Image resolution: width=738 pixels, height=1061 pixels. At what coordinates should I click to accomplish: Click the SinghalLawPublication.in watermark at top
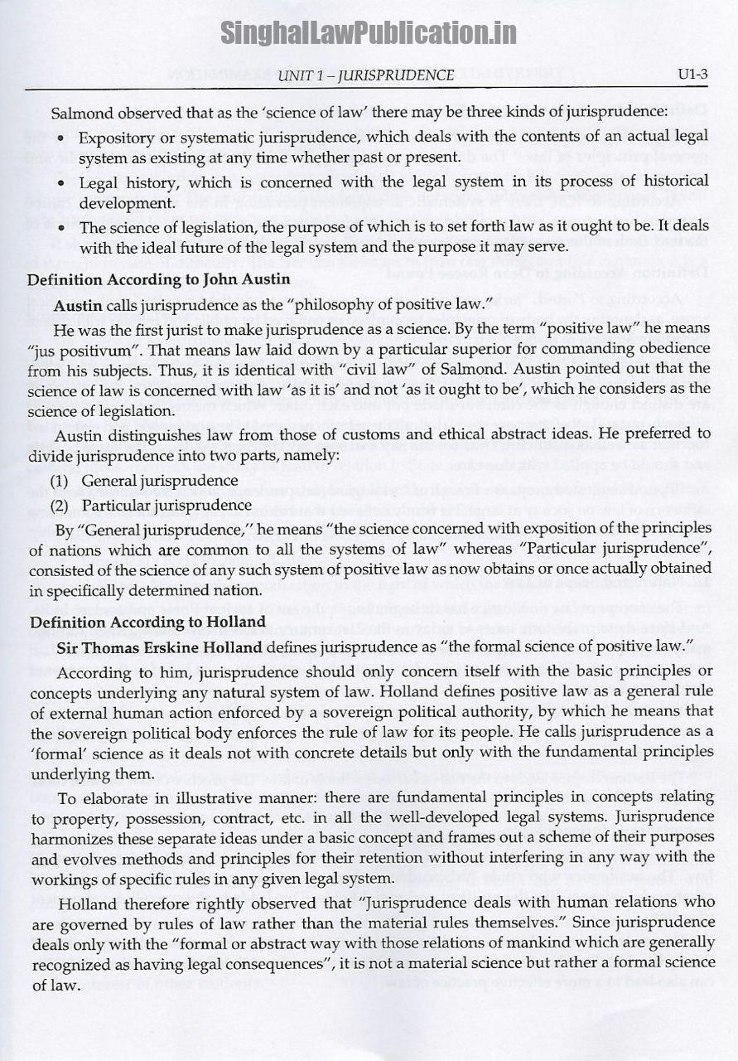click(x=368, y=32)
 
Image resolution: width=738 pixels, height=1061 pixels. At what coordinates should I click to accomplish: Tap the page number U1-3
click(x=692, y=75)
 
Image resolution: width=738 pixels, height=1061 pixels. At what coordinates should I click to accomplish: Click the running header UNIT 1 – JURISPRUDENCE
click(x=366, y=75)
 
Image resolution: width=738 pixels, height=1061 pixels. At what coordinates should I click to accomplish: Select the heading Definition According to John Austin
click(x=158, y=280)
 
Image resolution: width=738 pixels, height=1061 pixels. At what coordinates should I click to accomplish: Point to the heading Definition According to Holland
click(x=147, y=622)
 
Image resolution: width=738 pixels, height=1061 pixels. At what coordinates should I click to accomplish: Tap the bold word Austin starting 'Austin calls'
click(x=78, y=305)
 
